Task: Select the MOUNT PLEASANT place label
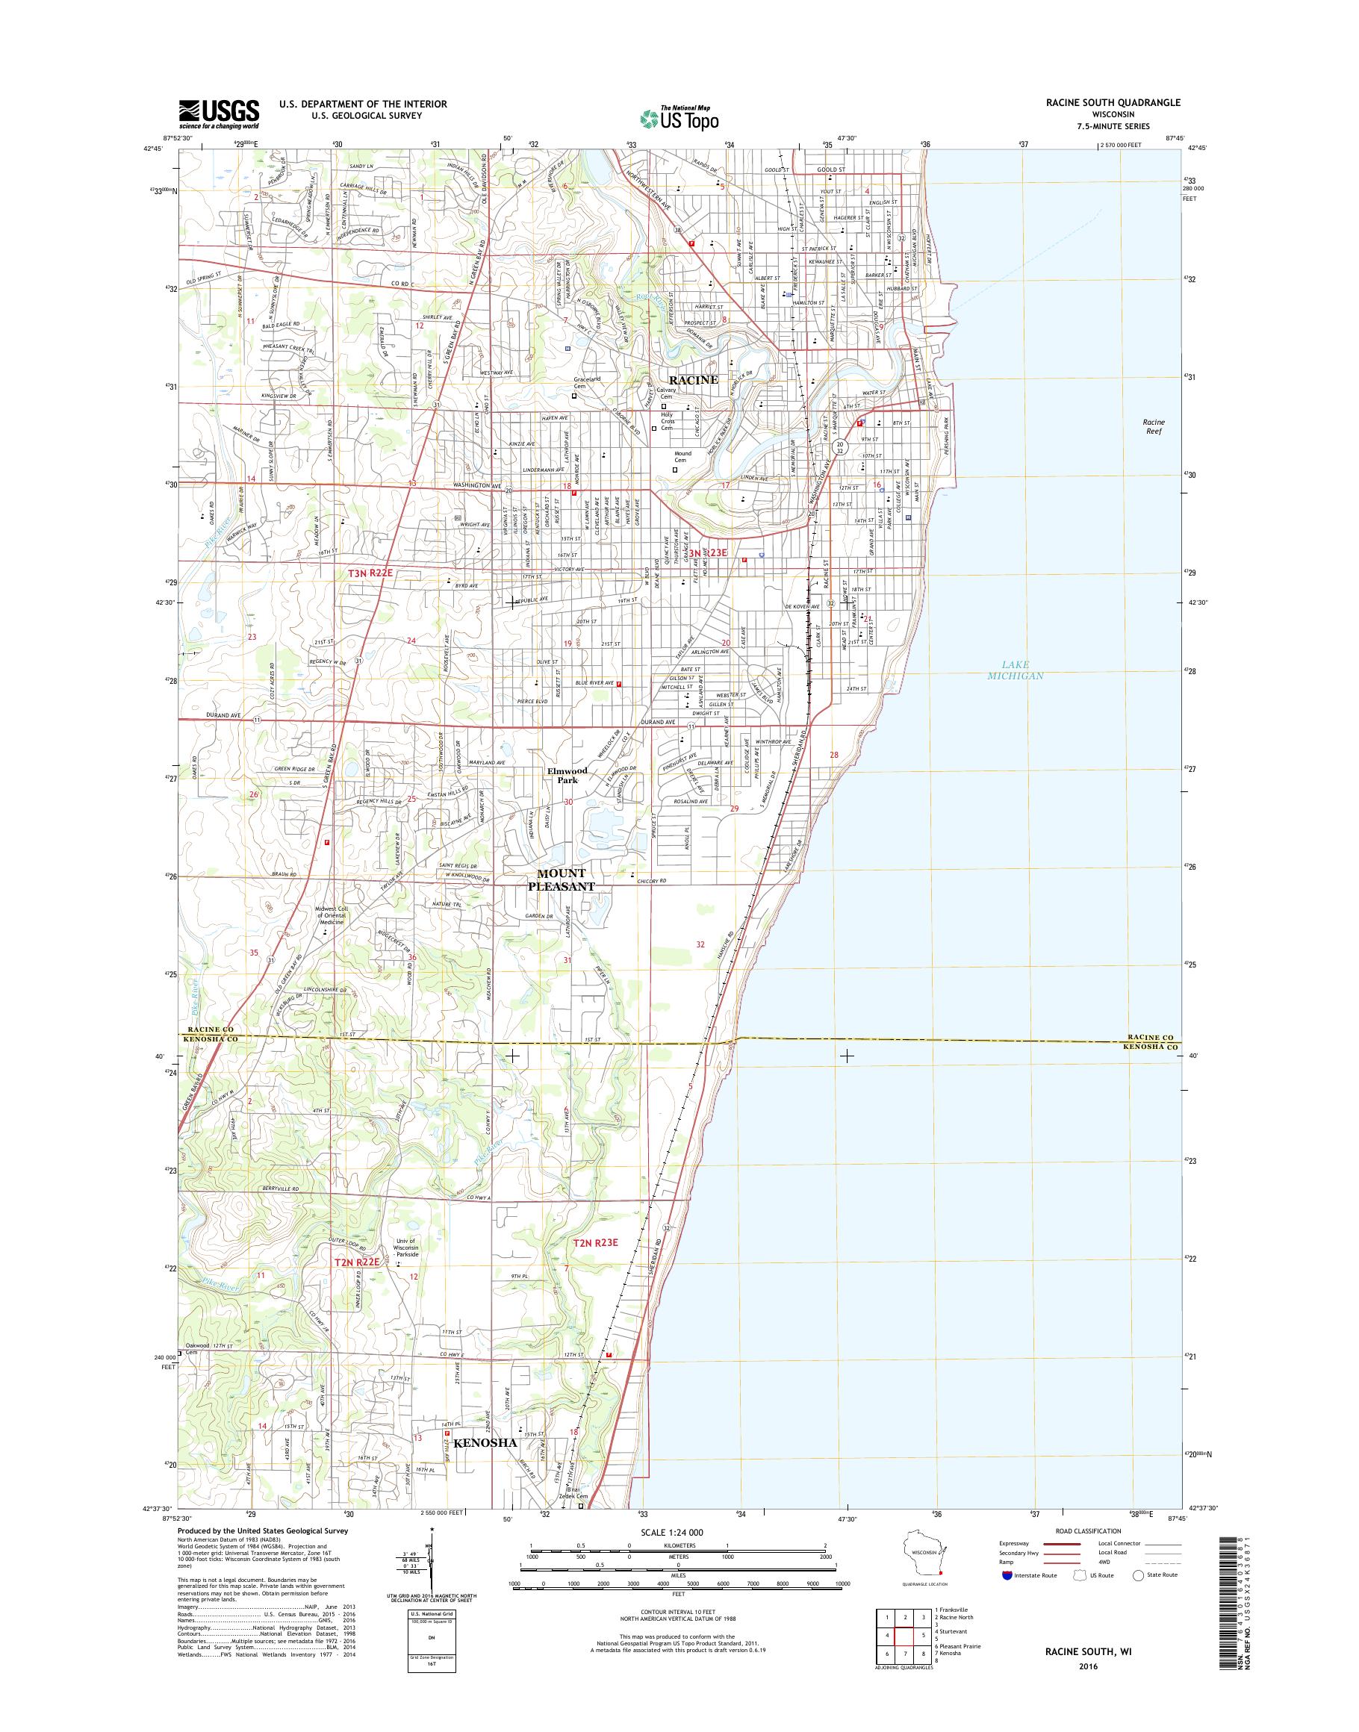coord(562,880)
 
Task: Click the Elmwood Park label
coord(567,775)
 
